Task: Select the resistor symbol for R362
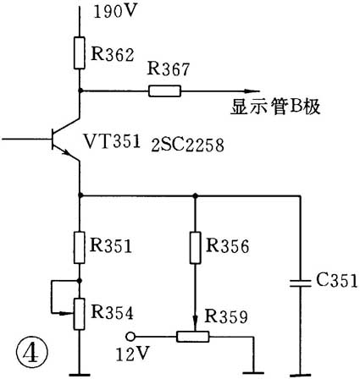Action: pyautogui.click(x=80, y=52)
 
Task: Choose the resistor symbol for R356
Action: pyautogui.click(x=196, y=246)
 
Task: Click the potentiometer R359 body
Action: pyautogui.click(x=196, y=336)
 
